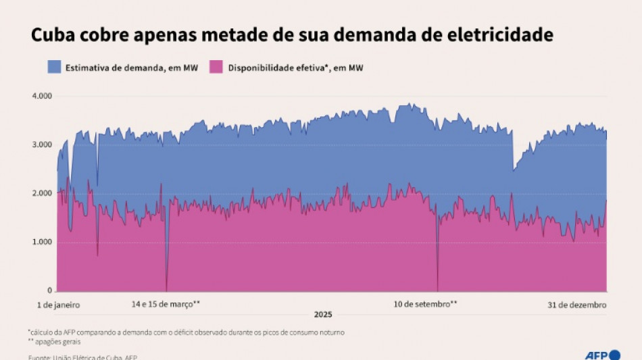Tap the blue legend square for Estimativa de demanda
55,66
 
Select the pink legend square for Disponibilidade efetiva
216,66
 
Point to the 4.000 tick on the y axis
42,96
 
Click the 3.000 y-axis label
42,145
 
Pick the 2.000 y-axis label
42,193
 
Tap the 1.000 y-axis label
42,242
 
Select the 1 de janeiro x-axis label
58,305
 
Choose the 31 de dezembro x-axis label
576,305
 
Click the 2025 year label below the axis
323,315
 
